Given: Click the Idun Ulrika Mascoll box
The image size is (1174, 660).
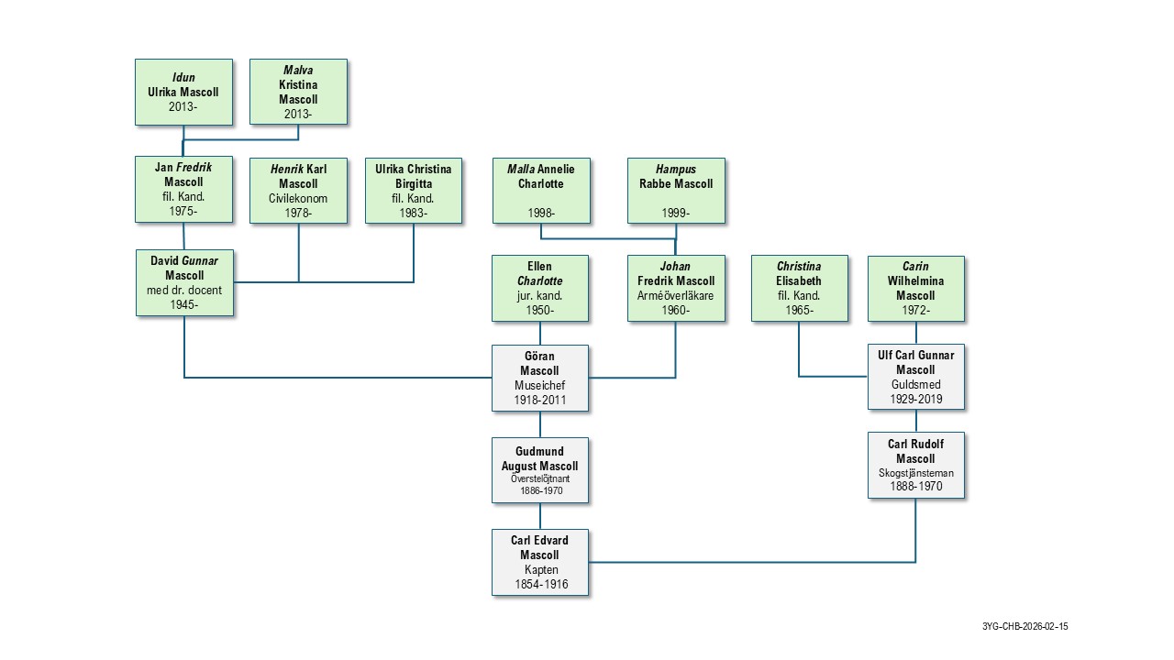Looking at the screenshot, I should [x=183, y=92].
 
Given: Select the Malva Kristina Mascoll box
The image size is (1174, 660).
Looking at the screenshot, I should [x=298, y=92].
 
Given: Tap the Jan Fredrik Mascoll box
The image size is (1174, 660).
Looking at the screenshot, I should [x=183, y=190].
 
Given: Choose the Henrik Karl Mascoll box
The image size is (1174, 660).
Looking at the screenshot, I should [x=298, y=190].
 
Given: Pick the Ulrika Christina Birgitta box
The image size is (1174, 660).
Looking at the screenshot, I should [x=414, y=190].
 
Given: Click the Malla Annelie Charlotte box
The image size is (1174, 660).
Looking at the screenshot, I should [x=540, y=190].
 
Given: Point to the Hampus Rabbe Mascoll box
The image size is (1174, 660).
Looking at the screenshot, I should [x=676, y=190].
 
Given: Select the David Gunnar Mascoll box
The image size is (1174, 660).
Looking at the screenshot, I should [x=184, y=283].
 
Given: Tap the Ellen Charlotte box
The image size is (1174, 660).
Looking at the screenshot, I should [x=540, y=288].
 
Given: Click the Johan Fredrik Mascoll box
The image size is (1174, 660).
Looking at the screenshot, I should [x=676, y=288].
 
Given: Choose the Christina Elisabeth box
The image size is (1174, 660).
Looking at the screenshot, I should [x=799, y=288].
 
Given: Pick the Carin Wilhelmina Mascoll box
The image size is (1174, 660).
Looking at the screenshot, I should [x=916, y=288].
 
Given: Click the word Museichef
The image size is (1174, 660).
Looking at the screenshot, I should [x=539, y=386].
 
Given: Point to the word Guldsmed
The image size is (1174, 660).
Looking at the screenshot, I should [x=915, y=386].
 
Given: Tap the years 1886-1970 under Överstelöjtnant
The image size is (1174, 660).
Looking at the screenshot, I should [x=539, y=491].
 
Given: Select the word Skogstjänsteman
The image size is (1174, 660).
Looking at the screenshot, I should [x=915, y=473].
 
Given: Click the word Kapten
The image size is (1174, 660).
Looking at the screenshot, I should [x=540, y=570].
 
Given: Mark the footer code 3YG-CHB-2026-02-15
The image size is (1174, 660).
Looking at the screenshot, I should [x=1024, y=627].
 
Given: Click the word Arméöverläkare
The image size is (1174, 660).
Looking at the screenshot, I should [x=676, y=295].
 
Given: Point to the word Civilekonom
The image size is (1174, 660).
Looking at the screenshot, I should [x=298, y=198].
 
